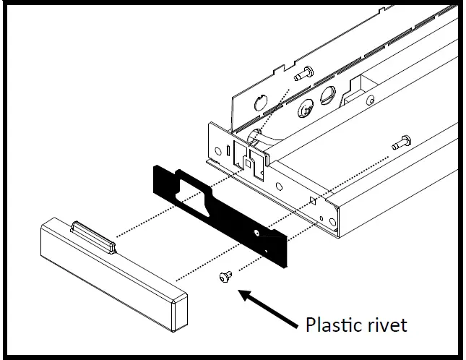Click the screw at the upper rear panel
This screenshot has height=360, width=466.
(303, 72)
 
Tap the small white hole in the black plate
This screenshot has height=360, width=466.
(258, 233)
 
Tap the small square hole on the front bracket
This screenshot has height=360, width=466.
(311, 197)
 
